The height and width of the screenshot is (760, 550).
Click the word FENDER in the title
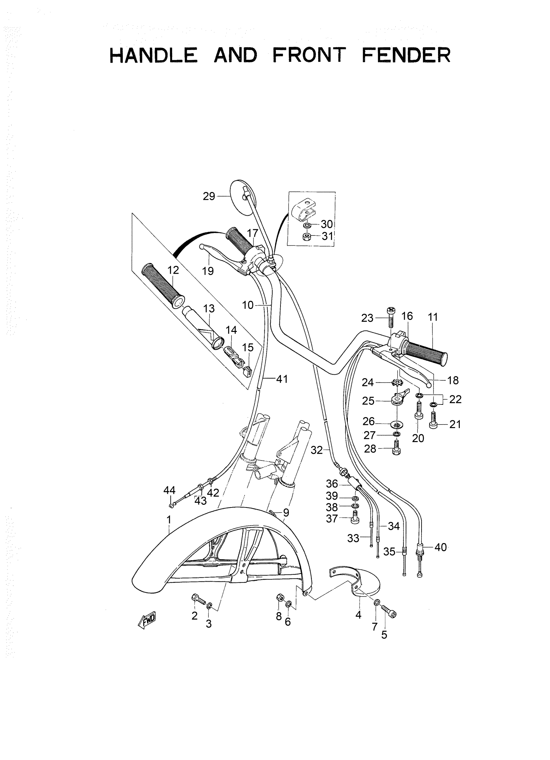coord(406,55)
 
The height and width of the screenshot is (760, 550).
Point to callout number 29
coord(209,196)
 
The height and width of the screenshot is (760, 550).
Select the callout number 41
coord(282,379)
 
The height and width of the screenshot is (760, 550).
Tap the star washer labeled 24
coord(397,382)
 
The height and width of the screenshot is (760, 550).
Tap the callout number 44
coord(170,490)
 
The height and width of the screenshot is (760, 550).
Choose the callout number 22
coord(455,399)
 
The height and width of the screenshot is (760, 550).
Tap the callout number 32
coord(316,450)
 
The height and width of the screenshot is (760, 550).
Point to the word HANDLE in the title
coord(154,55)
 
